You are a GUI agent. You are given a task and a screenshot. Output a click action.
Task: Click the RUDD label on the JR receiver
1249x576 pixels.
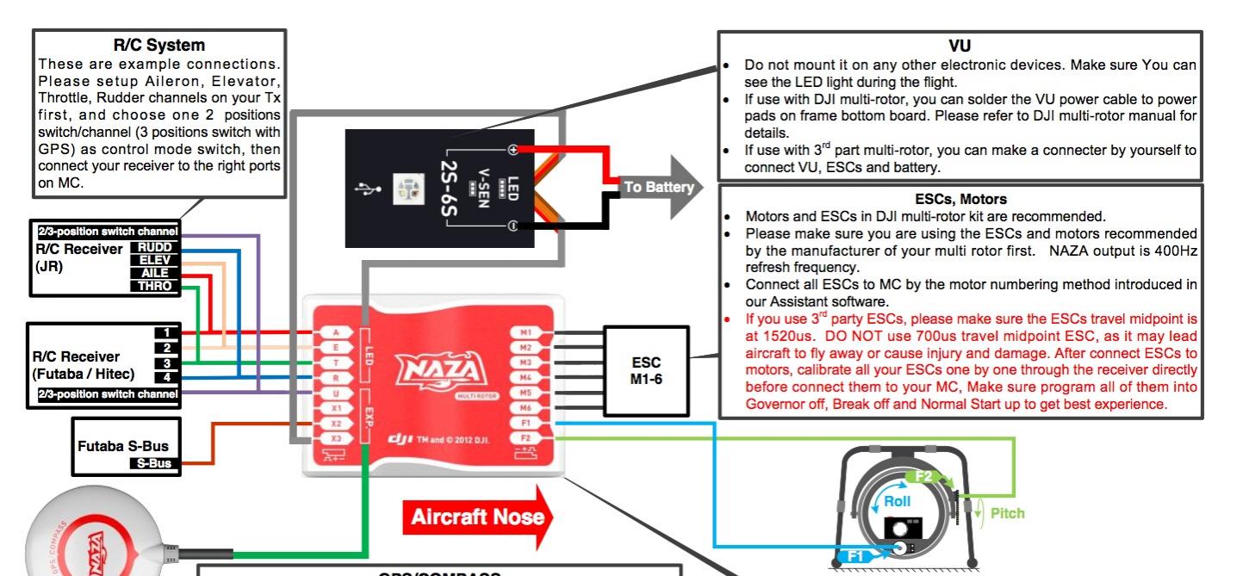155,247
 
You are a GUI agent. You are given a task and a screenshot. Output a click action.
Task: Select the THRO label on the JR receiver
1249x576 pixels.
155,286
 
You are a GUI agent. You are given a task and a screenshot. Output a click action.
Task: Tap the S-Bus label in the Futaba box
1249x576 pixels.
152,463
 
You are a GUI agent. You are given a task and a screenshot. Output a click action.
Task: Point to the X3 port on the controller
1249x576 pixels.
336,439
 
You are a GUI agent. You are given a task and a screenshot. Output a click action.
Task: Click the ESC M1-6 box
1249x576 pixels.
645,369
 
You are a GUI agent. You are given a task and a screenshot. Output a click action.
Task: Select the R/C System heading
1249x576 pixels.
159,45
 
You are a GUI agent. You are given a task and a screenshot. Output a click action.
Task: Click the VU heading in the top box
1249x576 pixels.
959,46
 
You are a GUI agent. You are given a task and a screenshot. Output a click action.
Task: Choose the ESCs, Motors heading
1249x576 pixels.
960,199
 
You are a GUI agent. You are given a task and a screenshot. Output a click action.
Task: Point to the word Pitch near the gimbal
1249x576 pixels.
1007,513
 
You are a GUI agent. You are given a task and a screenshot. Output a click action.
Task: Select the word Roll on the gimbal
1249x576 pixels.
897,501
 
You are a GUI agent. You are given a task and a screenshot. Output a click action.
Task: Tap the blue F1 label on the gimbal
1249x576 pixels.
855,556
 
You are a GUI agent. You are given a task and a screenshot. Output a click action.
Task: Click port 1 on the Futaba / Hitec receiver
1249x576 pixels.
167,332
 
